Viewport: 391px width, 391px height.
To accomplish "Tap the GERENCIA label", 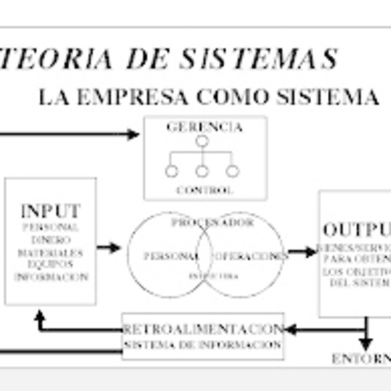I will tap(204, 127).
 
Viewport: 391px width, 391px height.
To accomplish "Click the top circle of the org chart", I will tap(202, 141).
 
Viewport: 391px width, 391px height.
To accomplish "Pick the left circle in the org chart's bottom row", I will tap(172, 171).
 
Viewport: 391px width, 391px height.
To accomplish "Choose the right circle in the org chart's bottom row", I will tap(232, 171).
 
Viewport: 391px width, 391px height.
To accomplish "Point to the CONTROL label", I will tap(205, 190).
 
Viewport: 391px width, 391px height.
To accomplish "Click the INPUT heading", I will tap(50, 211).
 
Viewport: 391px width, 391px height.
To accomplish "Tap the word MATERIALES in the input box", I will tap(51, 252).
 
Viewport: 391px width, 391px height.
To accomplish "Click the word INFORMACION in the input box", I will tap(51, 277).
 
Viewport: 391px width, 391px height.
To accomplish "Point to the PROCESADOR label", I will tap(212, 223).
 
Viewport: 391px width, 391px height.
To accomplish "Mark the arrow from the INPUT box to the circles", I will tap(109, 247).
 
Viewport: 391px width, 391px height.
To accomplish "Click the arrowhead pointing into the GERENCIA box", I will tap(134, 134).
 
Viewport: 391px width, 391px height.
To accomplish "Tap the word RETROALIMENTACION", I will tap(203, 329).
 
